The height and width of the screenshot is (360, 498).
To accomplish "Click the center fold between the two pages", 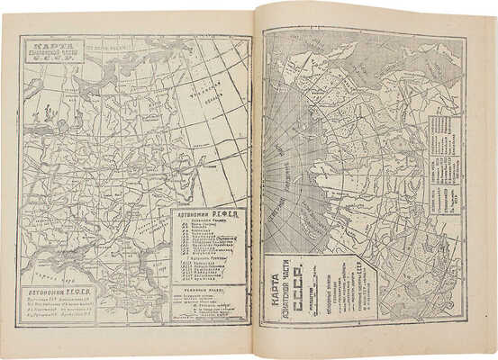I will point(255,180).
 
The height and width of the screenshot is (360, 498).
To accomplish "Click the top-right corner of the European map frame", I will point(250,37).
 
